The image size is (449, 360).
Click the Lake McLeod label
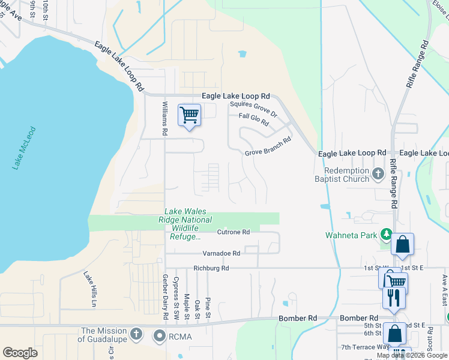click(x=25, y=148)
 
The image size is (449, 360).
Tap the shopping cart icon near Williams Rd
click(x=189, y=115)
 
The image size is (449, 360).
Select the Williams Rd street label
click(x=165, y=118)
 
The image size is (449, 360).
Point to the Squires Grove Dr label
click(x=254, y=109)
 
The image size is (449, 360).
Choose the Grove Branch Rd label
click(x=267, y=153)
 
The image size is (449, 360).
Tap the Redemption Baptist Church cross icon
click(x=378, y=174)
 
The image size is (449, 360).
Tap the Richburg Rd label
click(x=211, y=268)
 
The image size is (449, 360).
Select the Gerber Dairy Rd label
click(x=164, y=296)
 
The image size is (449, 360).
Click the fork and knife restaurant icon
click(x=393, y=298)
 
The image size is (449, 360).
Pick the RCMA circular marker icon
click(x=160, y=336)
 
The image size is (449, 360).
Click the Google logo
click(x=20, y=353)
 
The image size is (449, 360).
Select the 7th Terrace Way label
click(x=364, y=347)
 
